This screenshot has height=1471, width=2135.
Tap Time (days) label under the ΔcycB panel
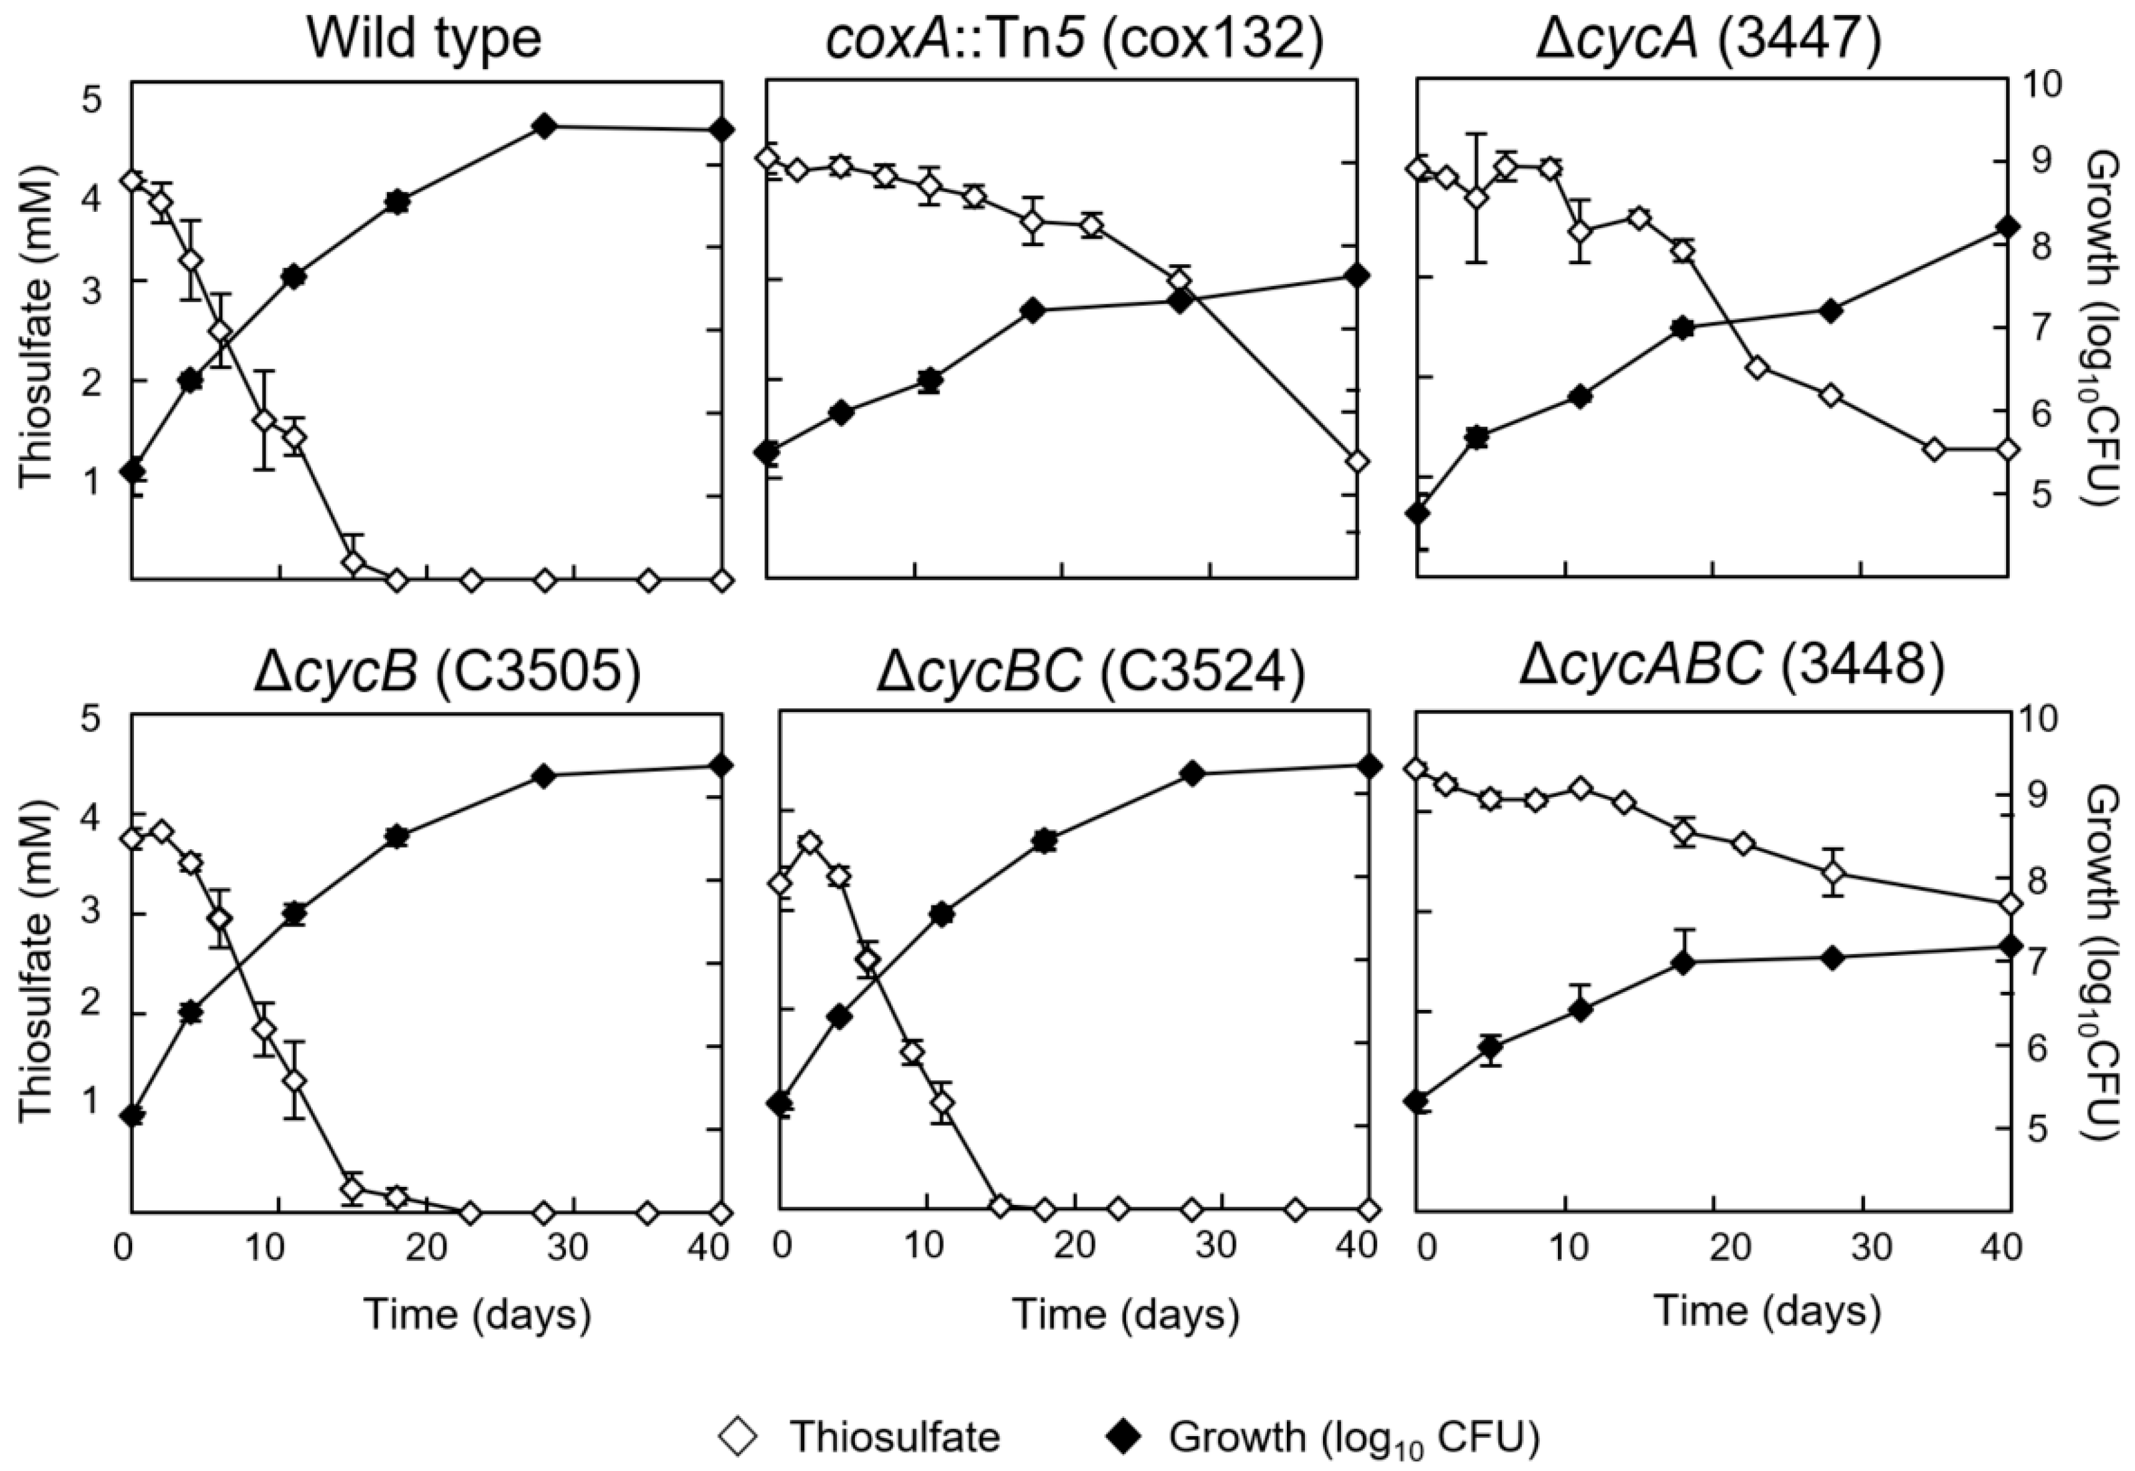pos(477,1313)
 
